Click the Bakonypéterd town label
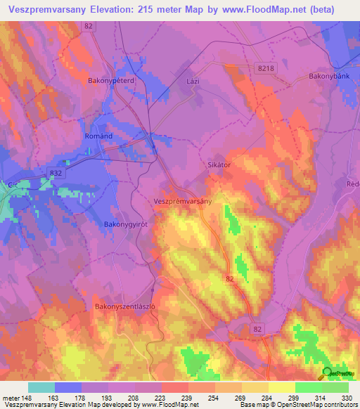[x=110, y=81]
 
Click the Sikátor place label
[x=219, y=164]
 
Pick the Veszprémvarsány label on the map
[x=182, y=200]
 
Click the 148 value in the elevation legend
[x=27, y=398]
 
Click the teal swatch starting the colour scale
[x=41, y=387]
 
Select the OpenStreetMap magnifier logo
[x=327, y=373]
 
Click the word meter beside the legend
[x=10, y=398]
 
